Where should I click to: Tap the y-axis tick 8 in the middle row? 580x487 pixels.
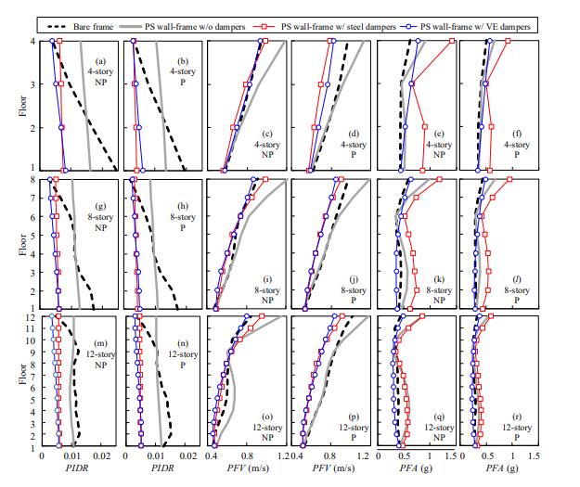(x=34, y=179)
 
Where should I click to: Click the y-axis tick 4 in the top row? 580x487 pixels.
(x=34, y=41)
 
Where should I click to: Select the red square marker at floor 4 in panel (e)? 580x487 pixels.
(x=452, y=42)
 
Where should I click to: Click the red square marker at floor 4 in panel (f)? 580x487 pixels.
(x=508, y=42)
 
